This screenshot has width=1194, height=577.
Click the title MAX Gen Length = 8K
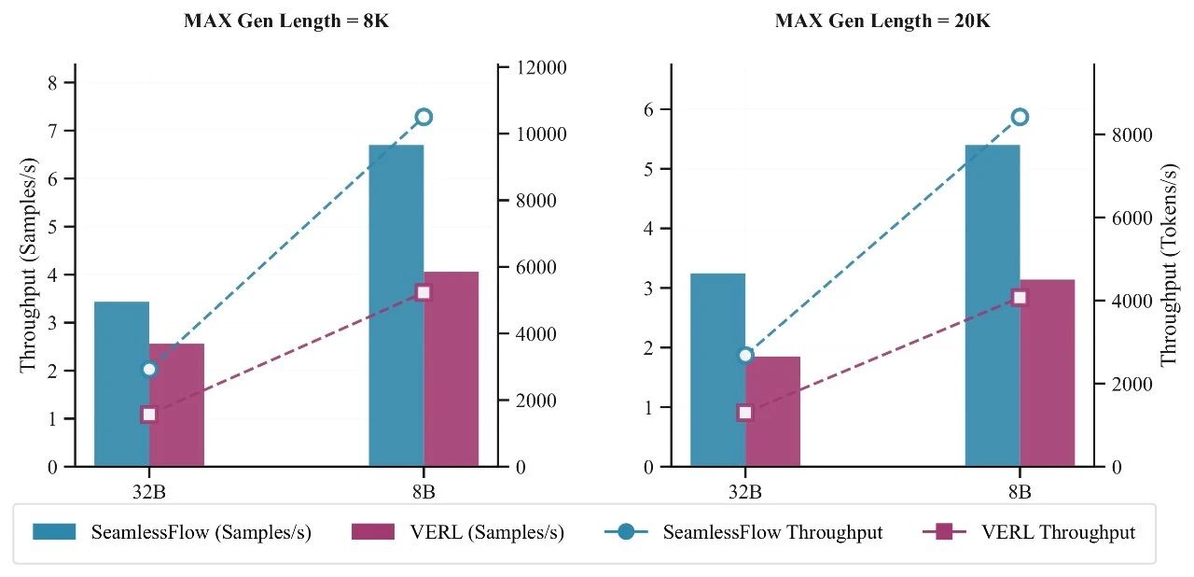point(286,21)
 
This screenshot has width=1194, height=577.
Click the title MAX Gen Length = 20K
point(882,21)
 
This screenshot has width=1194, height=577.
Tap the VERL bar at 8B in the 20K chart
point(1047,373)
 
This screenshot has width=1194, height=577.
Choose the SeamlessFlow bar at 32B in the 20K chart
point(717,370)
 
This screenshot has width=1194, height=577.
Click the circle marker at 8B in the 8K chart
point(423,117)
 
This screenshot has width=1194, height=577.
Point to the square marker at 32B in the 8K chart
point(149,415)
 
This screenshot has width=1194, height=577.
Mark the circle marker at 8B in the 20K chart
point(1020,117)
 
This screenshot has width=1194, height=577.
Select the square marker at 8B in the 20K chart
point(1020,298)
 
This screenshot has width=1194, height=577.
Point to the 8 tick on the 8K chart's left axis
point(51,83)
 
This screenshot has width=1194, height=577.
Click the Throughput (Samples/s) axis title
point(28,266)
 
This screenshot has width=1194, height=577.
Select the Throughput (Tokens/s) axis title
point(1169,266)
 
